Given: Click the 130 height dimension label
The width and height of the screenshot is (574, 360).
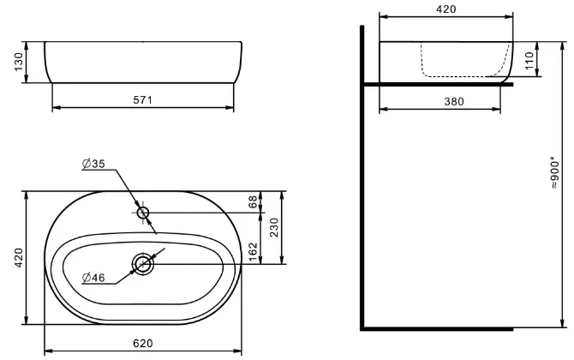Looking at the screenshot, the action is pyautogui.click(x=18, y=62).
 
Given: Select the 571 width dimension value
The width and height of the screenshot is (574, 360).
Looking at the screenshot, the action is pyautogui.click(x=142, y=99).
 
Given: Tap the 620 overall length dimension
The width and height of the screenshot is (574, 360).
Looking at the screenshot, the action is pyautogui.click(x=143, y=343).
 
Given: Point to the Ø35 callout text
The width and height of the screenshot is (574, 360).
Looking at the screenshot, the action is pyautogui.click(x=93, y=164).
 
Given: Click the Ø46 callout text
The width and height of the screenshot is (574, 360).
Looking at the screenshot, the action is pyautogui.click(x=93, y=278).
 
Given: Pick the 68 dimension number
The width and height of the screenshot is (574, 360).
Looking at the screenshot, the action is pyautogui.click(x=253, y=201).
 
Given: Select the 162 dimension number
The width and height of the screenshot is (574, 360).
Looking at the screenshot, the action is pyautogui.click(x=253, y=252).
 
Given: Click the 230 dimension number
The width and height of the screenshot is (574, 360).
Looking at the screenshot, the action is pyautogui.click(x=274, y=227).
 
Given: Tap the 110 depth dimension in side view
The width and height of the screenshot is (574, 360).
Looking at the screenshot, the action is pyautogui.click(x=529, y=60).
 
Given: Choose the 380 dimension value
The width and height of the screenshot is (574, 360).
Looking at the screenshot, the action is pyautogui.click(x=454, y=101).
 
